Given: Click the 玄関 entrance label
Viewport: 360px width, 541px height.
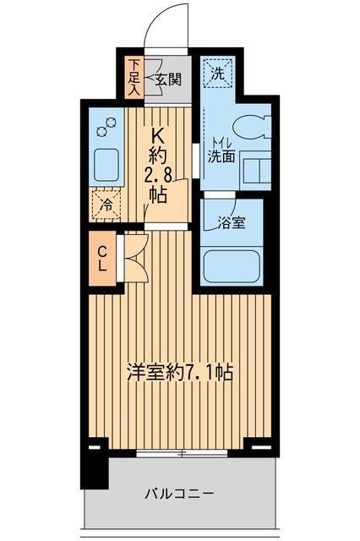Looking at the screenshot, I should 169,80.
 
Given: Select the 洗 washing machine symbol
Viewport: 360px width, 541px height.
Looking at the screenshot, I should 216,73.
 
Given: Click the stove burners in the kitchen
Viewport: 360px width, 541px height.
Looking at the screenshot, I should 106,129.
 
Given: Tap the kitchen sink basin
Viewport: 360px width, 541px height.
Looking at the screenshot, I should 107,162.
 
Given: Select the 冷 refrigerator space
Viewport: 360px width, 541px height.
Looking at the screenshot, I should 106,205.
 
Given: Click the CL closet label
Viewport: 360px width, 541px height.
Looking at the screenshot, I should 102,257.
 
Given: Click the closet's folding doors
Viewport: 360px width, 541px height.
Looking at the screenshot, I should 135,257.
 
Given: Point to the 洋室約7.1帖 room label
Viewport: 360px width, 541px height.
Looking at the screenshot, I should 180,372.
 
